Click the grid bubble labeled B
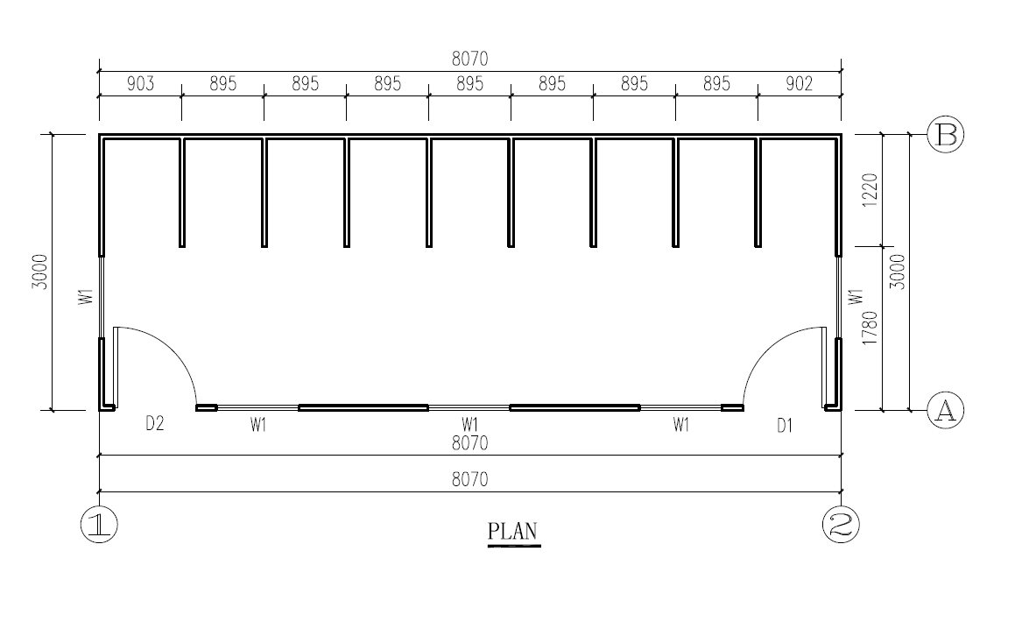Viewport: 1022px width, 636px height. tap(945, 135)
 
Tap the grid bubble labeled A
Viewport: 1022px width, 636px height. tap(945, 410)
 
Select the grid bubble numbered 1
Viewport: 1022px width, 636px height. tap(99, 525)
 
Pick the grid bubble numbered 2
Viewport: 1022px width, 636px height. tap(841, 525)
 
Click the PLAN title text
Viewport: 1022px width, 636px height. tap(513, 531)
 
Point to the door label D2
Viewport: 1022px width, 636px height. tap(154, 424)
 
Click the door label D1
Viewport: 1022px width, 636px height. tap(785, 426)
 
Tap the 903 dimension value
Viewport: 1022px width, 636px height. tap(140, 83)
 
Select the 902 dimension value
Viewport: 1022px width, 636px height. tap(799, 83)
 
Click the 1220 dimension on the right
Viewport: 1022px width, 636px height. tap(870, 190)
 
